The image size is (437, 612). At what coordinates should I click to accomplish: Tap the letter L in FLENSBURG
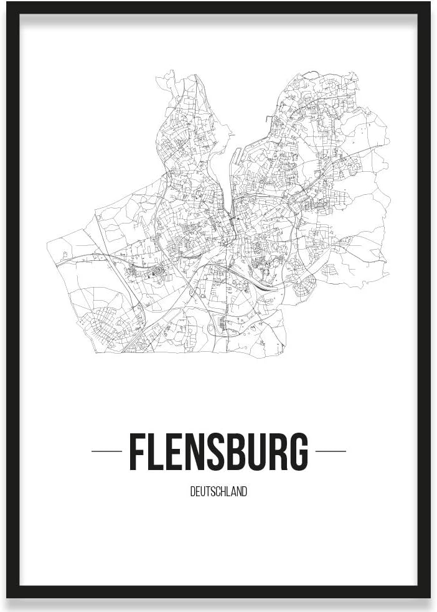[x=158, y=451]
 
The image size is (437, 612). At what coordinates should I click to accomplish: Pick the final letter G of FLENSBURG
[x=299, y=451]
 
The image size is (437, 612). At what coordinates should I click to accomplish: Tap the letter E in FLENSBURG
[x=177, y=451]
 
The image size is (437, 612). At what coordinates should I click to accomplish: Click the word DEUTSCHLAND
[x=218, y=492]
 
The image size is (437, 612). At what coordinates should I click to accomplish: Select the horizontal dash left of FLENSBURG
[x=106, y=451]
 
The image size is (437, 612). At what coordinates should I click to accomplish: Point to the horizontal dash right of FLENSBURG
[x=331, y=451]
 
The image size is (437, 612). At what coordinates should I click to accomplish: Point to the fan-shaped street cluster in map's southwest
[x=106, y=324]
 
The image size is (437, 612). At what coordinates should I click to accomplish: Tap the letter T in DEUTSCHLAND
[x=206, y=492]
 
